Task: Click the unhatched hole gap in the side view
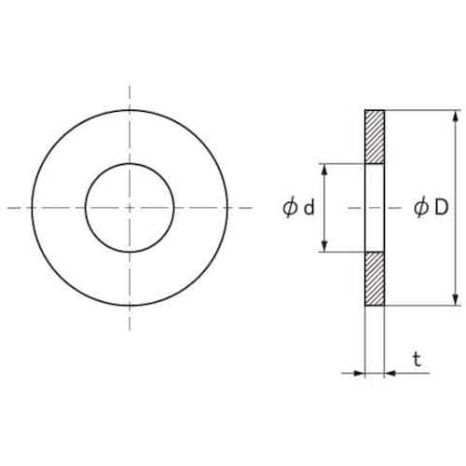(374, 208)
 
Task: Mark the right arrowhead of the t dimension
(390, 373)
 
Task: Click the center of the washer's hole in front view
(130, 208)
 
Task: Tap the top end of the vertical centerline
(130, 86)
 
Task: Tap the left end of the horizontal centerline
(7, 208)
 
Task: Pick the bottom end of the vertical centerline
(130, 331)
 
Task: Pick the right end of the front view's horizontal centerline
(252, 208)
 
